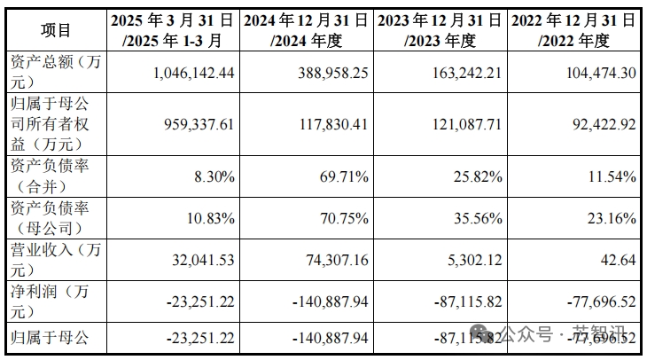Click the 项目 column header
pos(56,30)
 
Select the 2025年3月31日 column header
pos(173,30)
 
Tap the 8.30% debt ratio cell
pos(214,176)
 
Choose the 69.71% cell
pos(344,176)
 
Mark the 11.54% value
pos(612,176)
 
